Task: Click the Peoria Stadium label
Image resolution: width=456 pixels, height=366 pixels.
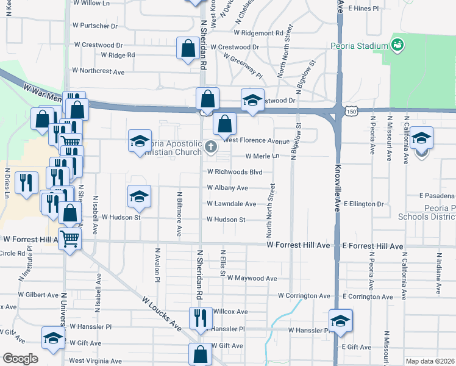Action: point(359,46)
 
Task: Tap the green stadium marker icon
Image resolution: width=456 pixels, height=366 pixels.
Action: point(397,45)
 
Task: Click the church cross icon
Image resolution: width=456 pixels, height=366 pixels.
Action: point(211,146)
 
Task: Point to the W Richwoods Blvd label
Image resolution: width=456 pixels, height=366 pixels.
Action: point(235,172)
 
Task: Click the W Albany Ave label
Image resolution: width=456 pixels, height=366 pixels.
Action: point(227,188)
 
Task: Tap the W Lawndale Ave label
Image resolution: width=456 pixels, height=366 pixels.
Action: point(231,204)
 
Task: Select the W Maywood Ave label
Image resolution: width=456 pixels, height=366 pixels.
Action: point(252,278)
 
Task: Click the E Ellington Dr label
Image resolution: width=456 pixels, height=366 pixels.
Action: point(364,204)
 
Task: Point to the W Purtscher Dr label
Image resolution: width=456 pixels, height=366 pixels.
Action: point(95,26)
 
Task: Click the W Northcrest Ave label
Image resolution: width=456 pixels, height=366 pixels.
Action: point(98,71)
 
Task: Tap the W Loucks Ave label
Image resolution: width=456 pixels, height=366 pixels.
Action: point(162,314)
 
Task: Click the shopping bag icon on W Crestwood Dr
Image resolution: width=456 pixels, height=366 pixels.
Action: point(187,48)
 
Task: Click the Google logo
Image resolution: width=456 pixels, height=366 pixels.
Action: point(21,359)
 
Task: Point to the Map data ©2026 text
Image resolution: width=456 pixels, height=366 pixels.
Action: point(430,361)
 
